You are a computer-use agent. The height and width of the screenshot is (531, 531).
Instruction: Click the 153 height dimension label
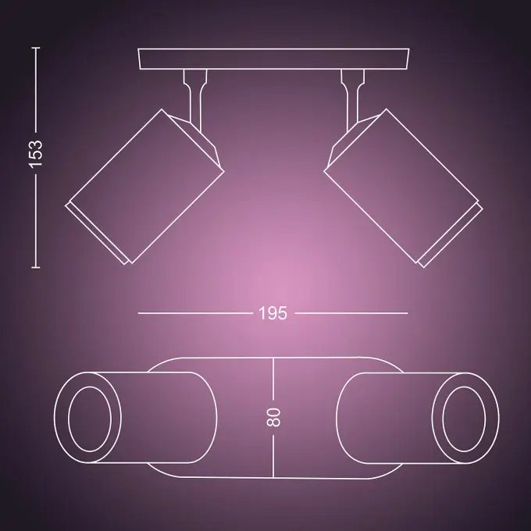tap(36, 154)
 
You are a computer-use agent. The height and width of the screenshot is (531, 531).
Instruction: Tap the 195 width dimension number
tap(273, 313)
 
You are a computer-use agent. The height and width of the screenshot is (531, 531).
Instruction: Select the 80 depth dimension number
tap(273, 417)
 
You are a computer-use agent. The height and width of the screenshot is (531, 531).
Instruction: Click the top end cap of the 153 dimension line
tap(36, 48)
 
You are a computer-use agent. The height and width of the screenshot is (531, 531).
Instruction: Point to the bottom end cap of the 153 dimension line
tap(36, 268)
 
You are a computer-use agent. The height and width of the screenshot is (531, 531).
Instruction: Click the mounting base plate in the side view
tap(273, 59)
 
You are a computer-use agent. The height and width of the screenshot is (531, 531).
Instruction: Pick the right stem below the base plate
tap(352, 98)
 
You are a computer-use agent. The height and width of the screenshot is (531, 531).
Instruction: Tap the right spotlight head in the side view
tap(404, 188)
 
